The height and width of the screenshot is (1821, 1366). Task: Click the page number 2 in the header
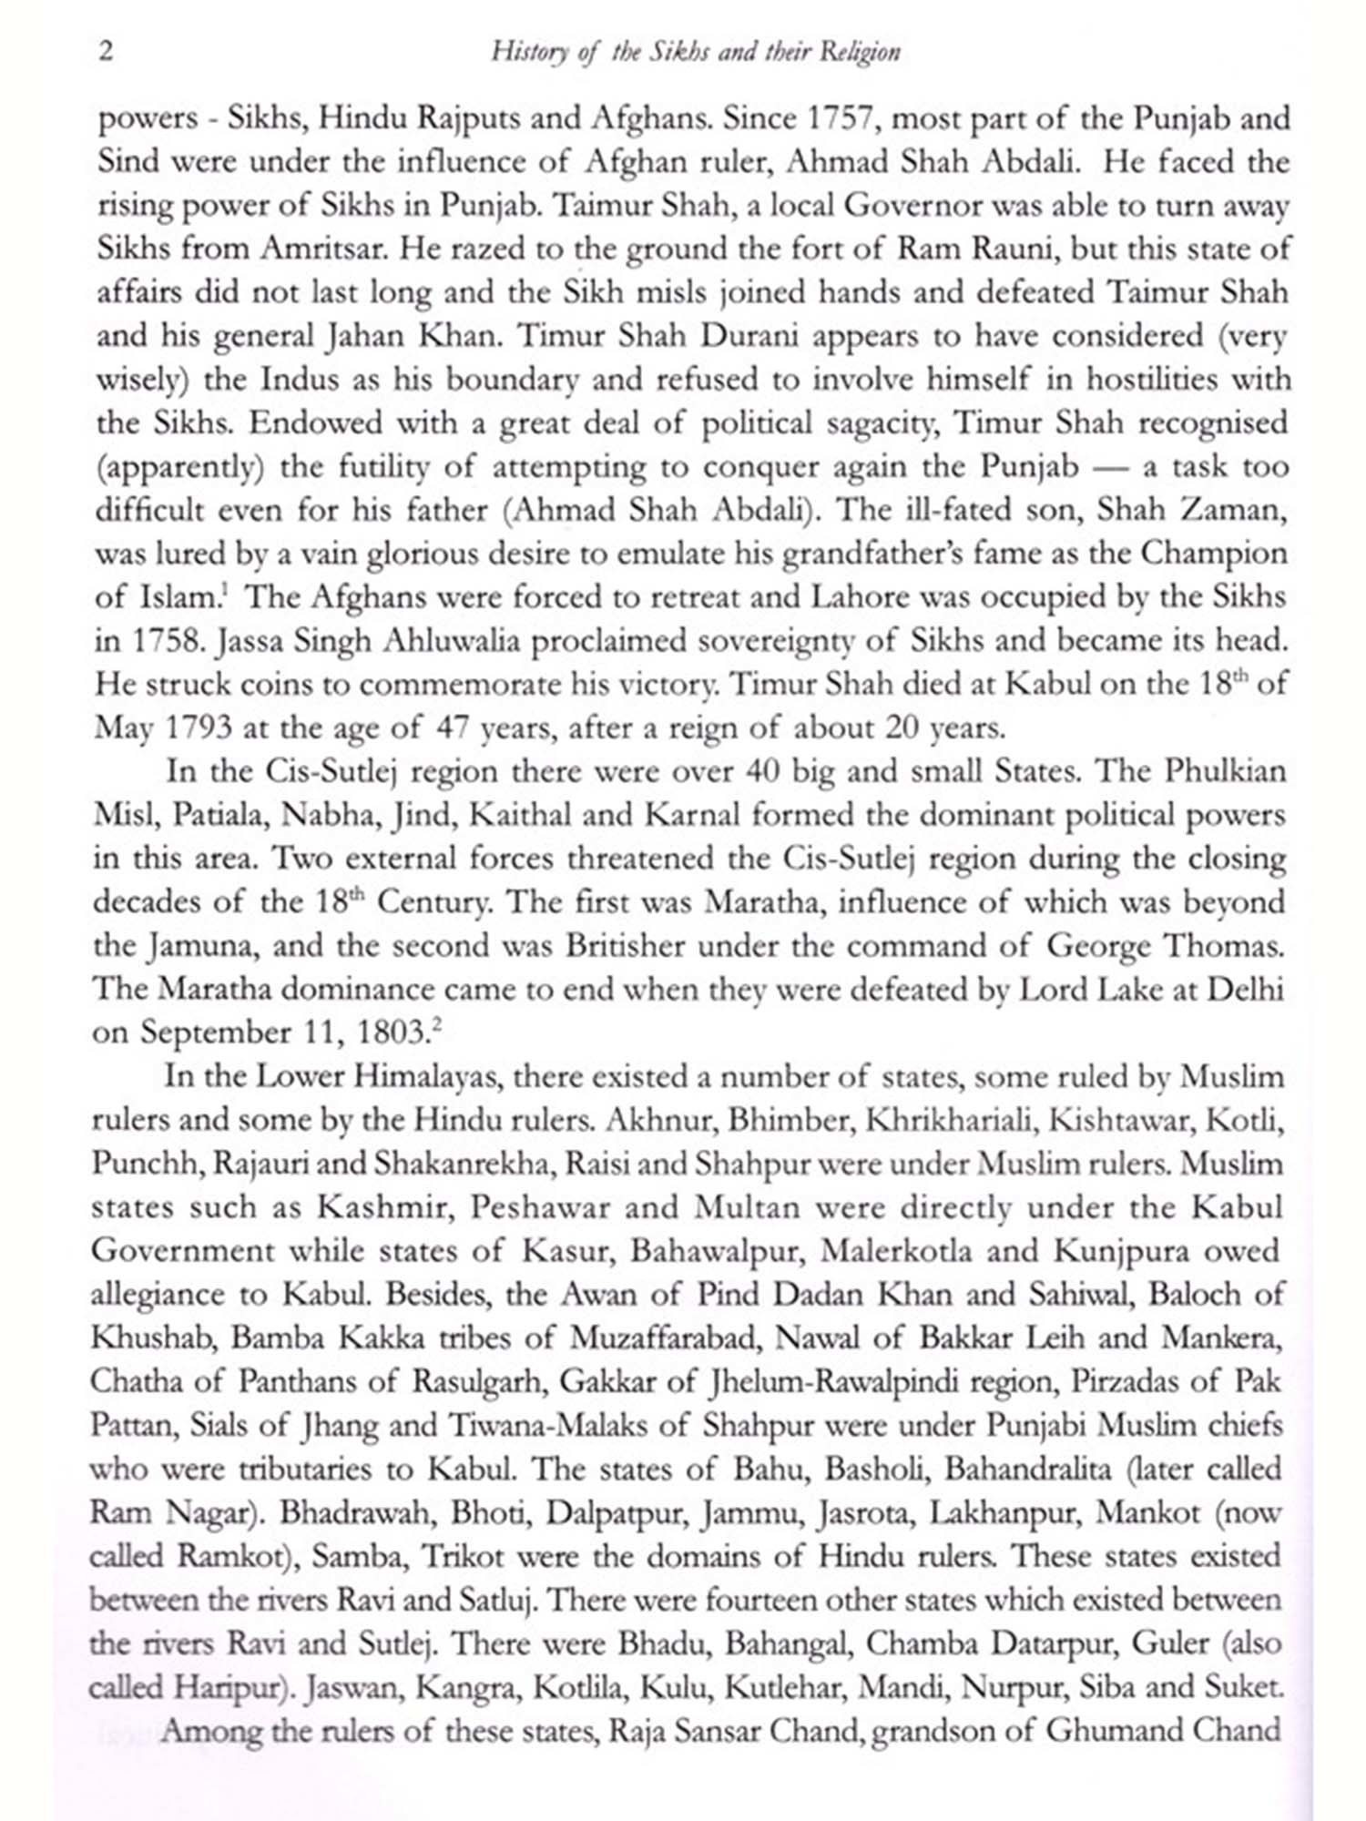(x=107, y=51)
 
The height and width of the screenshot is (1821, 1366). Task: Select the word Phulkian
(x=1225, y=771)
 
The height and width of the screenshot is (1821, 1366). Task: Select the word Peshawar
(x=540, y=1207)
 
